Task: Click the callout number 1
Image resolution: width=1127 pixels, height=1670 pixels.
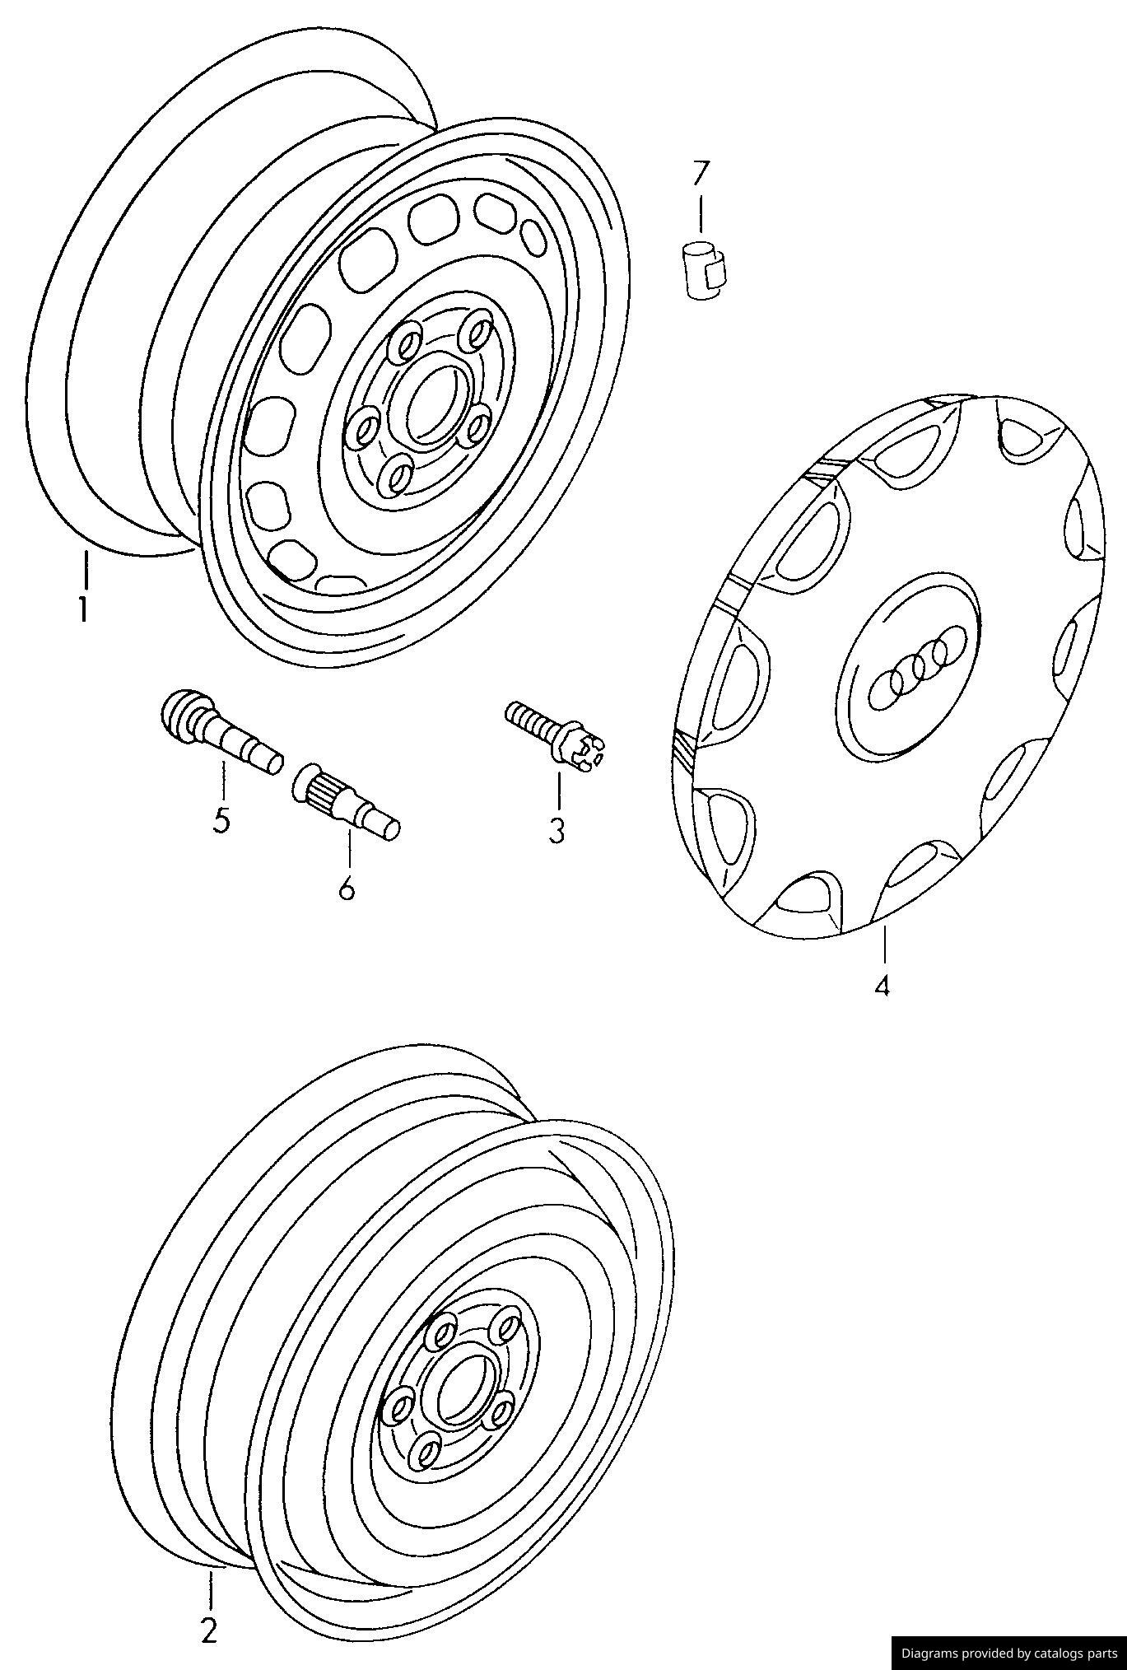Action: [x=82, y=610]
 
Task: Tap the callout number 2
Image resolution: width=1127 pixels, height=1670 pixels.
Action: [x=209, y=1630]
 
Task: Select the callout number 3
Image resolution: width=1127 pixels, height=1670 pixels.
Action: [x=557, y=831]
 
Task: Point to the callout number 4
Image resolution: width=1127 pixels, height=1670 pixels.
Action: [x=883, y=985]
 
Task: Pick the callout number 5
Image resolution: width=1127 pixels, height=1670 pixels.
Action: [x=221, y=820]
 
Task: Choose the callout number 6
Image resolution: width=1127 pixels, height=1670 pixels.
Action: [x=347, y=888]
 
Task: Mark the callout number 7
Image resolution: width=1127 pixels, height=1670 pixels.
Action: [x=700, y=172]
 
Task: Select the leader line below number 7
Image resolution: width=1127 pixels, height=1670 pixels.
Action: [x=700, y=212]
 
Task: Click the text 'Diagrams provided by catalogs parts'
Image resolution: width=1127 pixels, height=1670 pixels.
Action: [x=1008, y=1652]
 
